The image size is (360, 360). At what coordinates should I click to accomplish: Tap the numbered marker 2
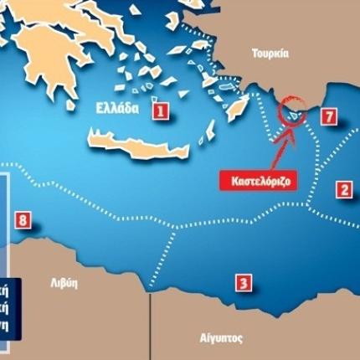pos(343,189)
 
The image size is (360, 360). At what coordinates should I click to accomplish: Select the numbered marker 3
pos(243,283)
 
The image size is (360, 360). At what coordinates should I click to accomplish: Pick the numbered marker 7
pos(328,116)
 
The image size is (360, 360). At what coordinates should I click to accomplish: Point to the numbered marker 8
pos(23,221)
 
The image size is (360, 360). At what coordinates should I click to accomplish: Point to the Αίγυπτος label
pos(222,339)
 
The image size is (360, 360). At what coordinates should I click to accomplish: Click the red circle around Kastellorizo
pos(293,110)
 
